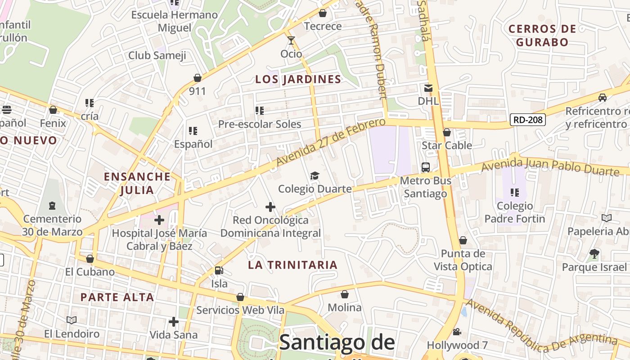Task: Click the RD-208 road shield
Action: click(x=528, y=120)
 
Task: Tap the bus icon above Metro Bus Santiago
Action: click(x=426, y=167)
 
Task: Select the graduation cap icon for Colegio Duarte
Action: click(x=315, y=175)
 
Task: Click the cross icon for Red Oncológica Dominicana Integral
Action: click(x=270, y=207)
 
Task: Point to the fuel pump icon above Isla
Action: click(x=219, y=270)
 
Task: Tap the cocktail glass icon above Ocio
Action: click(x=291, y=41)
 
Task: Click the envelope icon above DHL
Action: click(x=428, y=88)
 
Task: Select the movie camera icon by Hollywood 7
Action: click(x=457, y=332)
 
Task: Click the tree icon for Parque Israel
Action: click(x=594, y=254)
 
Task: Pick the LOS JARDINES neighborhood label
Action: click(x=298, y=80)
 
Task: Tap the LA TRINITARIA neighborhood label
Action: click(x=292, y=265)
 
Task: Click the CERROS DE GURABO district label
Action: click(x=542, y=36)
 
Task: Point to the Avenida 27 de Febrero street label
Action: click(x=331, y=142)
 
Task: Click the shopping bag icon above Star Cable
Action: click(x=447, y=132)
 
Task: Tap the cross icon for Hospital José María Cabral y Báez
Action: click(x=159, y=220)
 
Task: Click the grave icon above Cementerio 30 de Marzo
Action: click(x=52, y=206)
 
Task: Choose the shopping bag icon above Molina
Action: click(x=345, y=294)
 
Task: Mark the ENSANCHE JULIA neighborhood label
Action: click(x=137, y=183)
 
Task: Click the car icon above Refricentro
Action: click(x=602, y=98)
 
